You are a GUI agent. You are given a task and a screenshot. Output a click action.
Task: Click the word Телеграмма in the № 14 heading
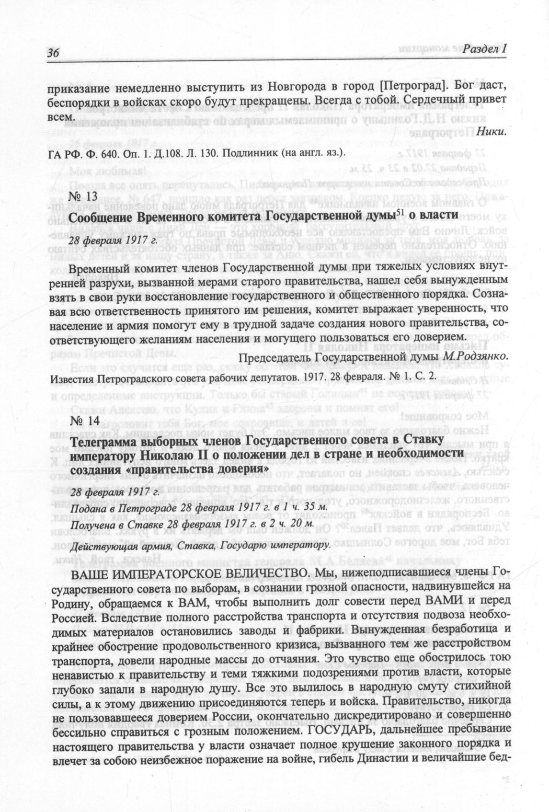(x=102, y=440)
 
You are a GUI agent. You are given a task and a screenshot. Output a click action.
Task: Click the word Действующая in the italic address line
(x=99, y=546)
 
